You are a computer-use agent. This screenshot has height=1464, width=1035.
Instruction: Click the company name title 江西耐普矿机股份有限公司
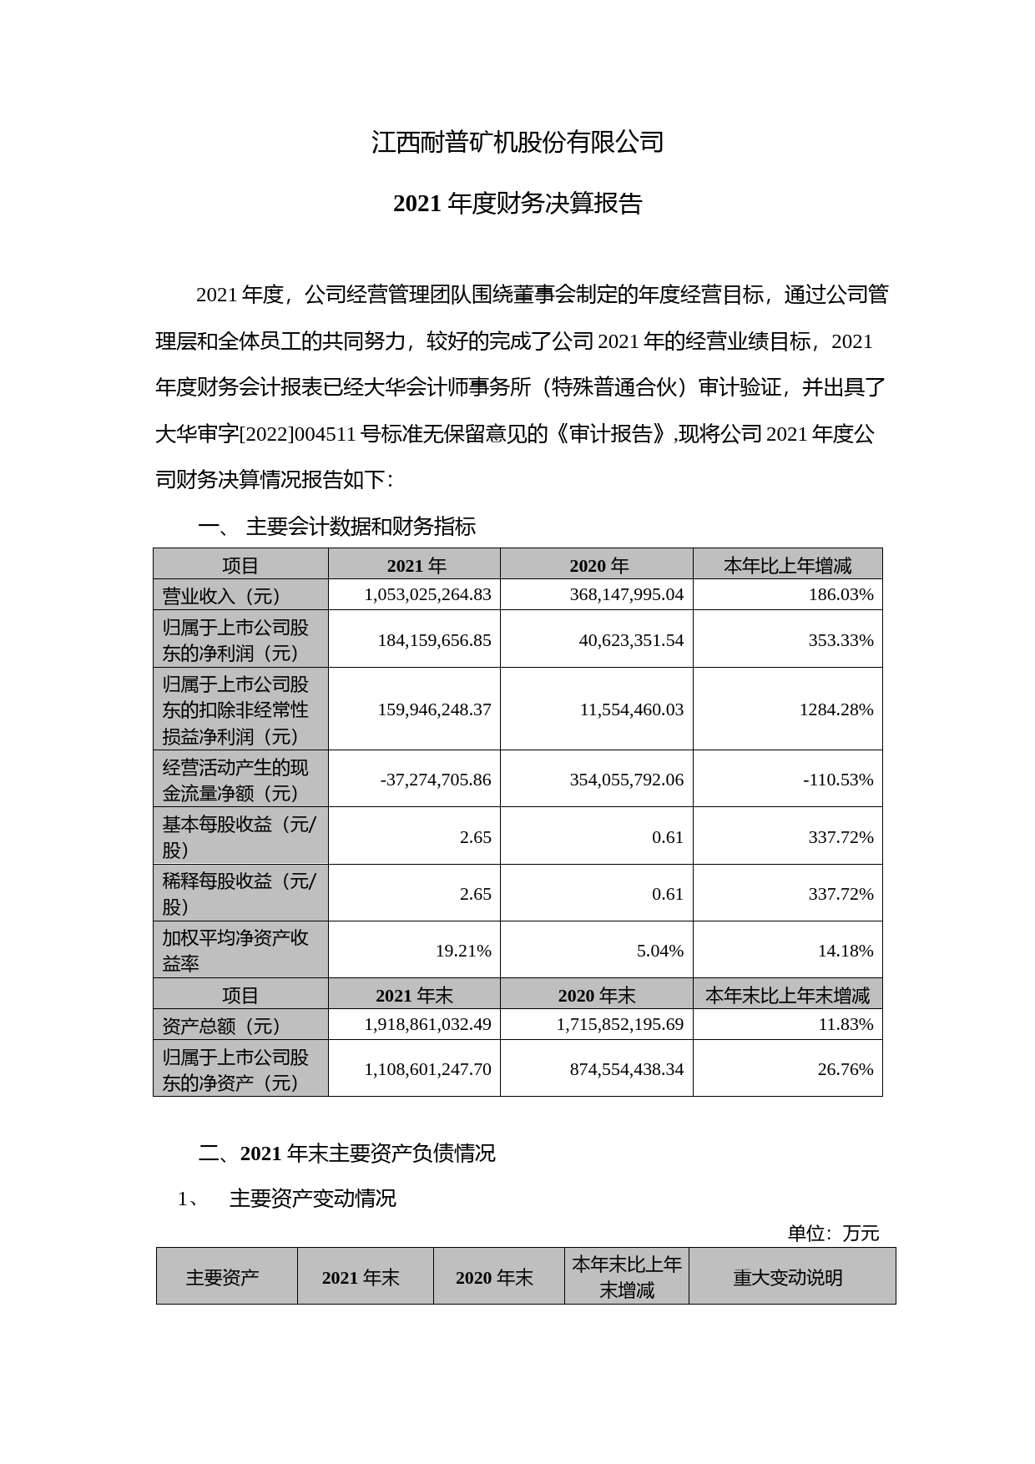click(x=517, y=142)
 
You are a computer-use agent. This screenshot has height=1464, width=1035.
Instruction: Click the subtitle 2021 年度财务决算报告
click(x=517, y=204)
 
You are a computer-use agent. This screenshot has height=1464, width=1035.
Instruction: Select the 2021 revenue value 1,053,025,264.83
click(x=427, y=594)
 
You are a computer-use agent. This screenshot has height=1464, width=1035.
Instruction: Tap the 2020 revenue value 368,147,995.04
click(x=619, y=594)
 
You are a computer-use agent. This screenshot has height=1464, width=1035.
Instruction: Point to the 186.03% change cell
click(x=841, y=594)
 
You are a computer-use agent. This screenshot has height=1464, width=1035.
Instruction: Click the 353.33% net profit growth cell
click(x=841, y=640)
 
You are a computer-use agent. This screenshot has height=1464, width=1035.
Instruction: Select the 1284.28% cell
click(x=836, y=709)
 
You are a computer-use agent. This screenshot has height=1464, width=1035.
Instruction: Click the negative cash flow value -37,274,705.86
click(x=436, y=780)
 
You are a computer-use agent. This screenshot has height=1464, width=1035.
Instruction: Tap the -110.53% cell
click(x=838, y=780)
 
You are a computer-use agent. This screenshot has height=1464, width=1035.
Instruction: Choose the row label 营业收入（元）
click(x=222, y=596)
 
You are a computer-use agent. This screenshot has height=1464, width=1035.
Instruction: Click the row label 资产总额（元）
click(x=222, y=1026)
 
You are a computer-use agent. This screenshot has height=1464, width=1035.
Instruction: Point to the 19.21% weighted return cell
click(x=463, y=951)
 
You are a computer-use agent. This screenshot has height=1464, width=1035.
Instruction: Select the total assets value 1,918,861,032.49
click(x=427, y=1024)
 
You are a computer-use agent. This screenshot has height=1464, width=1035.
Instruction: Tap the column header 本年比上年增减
click(x=787, y=566)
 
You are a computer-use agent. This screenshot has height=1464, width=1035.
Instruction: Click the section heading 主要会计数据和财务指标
click(x=361, y=527)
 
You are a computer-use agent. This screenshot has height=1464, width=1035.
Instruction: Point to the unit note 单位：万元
click(x=833, y=1234)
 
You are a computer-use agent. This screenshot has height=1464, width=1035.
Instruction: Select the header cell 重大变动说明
click(x=788, y=1278)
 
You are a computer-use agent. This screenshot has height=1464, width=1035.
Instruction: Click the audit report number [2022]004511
click(x=299, y=435)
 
